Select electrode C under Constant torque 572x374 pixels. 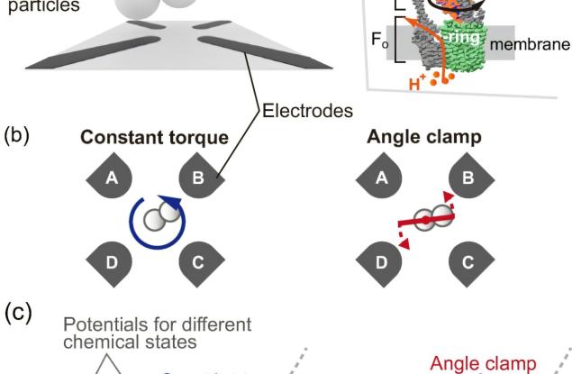coord(197,263)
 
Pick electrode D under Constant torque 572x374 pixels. coord(112,263)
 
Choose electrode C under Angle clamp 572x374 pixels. coord(465,263)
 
